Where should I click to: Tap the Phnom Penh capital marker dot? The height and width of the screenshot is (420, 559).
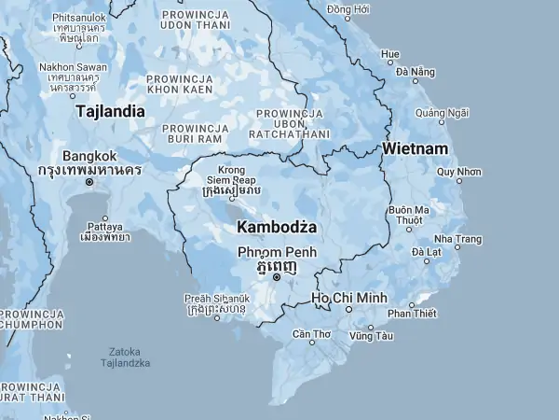(277, 277)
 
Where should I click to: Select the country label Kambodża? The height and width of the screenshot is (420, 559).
(278, 227)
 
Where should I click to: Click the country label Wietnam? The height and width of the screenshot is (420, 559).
(415, 149)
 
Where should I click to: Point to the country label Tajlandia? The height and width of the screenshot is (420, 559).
(110, 111)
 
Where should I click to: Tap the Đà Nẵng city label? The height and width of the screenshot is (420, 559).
(415, 71)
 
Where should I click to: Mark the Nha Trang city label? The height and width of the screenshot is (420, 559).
(457, 239)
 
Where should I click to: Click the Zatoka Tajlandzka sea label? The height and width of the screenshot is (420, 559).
(125, 357)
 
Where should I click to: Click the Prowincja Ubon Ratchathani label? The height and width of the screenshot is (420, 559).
(289, 123)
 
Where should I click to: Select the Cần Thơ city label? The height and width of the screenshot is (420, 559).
(311, 333)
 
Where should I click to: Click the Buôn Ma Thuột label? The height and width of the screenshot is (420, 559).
(409, 215)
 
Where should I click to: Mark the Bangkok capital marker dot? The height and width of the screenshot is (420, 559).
(89, 182)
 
